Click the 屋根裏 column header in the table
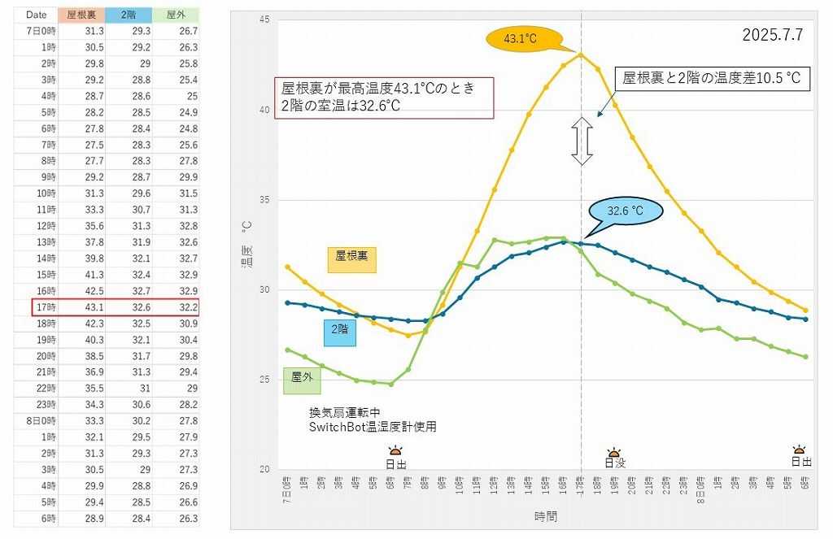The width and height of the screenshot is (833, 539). (82, 15)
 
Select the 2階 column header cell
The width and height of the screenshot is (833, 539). (129, 15)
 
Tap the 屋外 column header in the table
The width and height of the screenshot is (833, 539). (175, 15)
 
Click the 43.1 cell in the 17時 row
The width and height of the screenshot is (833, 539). (82, 307)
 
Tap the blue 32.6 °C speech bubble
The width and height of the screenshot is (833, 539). (626, 211)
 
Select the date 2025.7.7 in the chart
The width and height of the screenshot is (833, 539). (772, 36)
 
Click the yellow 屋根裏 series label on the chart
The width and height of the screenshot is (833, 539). (351, 255)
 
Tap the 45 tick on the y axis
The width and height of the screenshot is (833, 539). (263, 20)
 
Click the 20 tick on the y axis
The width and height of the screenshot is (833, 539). (263, 470)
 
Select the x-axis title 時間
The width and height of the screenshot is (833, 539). (546, 516)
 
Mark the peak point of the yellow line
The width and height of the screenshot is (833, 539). (581, 54)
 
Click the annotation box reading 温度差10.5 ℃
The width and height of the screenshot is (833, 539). (712, 78)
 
